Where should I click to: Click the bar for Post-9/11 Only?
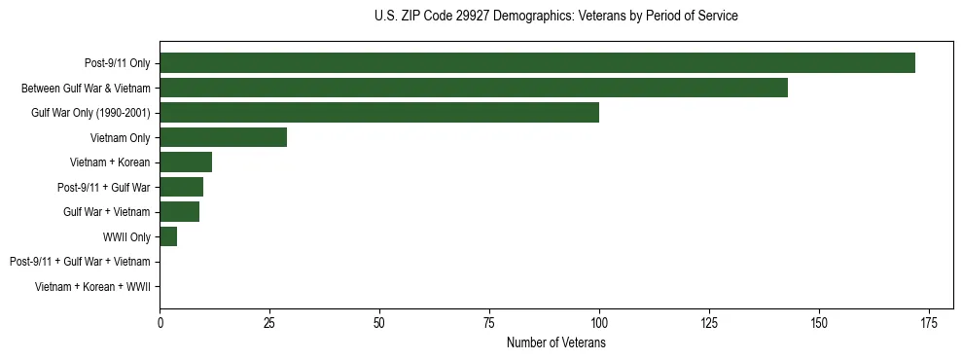pos(537,63)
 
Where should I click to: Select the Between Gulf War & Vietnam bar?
pos(474,88)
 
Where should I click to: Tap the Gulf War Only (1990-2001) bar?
pos(379,113)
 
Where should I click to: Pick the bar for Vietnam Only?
pos(223,137)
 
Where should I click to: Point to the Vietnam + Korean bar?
pos(186,162)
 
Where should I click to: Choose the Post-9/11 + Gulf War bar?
pos(181,187)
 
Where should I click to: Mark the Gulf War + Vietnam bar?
pos(179,211)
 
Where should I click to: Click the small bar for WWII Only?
pos(168,236)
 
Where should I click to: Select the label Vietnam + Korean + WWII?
pos(92,286)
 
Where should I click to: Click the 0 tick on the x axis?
pos(160,324)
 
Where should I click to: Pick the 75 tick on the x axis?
pos(489,324)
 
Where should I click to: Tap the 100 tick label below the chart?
pos(599,324)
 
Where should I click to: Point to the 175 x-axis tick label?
pos(928,324)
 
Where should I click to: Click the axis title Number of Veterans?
pos(556,343)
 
